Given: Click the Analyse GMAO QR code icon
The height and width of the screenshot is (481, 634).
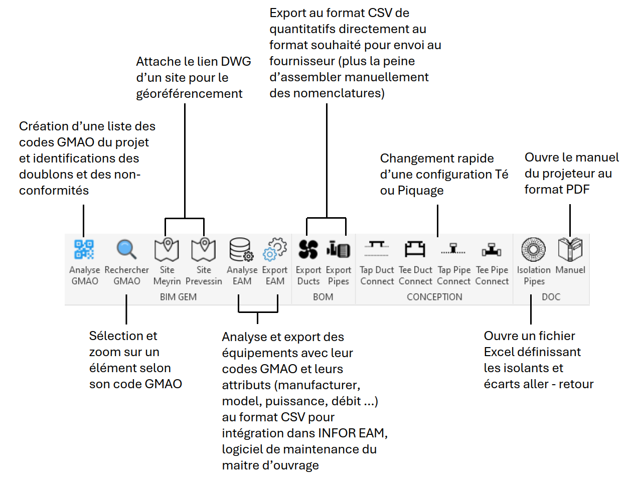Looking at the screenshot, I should tap(84, 249).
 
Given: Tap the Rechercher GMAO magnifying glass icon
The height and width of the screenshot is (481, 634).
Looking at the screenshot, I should tap(126, 249).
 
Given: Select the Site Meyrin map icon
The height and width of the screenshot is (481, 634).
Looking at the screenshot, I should tap(167, 249).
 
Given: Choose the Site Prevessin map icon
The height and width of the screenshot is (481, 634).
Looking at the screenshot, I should tap(204, 249).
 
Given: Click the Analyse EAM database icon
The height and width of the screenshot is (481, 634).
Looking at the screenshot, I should tap(241, 249).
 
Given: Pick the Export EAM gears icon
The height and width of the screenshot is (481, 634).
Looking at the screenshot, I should tap(275, 249).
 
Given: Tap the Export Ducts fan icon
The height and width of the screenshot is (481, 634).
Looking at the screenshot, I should tap(308, 249).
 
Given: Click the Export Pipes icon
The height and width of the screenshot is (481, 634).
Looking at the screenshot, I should tap(339, 249).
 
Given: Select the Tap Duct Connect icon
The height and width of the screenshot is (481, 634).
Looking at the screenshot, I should tap(377, 248).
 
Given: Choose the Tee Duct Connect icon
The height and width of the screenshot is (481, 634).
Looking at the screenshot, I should tap(415, 249).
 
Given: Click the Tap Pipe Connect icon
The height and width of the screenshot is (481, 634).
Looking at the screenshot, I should tap(453, 249).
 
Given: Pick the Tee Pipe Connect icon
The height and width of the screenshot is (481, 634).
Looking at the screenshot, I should tap(492, 249).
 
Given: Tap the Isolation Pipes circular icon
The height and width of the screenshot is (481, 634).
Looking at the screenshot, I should tap(533, 249).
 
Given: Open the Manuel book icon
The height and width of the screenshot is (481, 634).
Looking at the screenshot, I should tap(570, 249).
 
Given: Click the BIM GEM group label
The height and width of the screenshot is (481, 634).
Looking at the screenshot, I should tap(178, 297).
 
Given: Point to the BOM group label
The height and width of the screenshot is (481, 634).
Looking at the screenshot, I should tap(323, 297).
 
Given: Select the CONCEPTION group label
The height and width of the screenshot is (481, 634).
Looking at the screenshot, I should tap(434, 297).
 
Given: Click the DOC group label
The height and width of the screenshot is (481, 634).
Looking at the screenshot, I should tap(551, 297).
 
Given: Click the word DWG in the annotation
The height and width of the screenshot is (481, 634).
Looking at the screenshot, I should tap(236, 62).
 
